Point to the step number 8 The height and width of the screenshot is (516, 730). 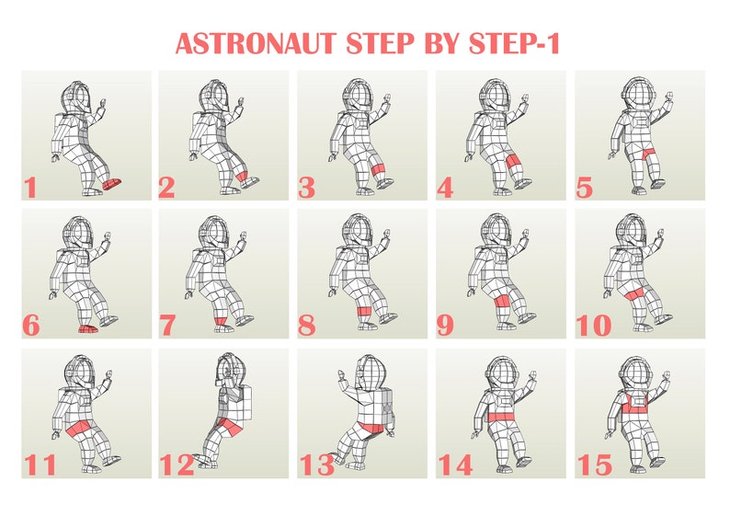(307, 326)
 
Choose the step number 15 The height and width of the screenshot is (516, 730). (594, 464)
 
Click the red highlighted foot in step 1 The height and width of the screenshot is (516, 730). (112, 184)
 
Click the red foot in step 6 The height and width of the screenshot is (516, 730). (87, 328)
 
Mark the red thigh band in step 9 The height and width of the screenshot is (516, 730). (502, 303)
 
